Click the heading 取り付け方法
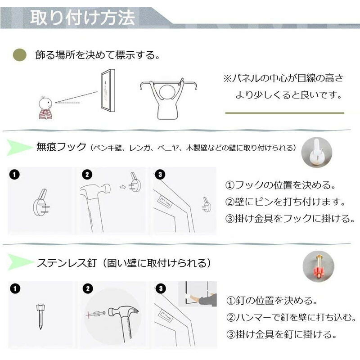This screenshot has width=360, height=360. click(82, 18)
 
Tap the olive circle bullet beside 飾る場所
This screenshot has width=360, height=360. click(20, 55)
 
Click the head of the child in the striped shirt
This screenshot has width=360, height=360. click(45, 103)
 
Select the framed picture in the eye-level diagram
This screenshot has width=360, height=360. click(108, 91)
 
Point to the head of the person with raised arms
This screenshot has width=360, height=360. click(168, 92)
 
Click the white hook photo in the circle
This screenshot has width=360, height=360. click(317, 152)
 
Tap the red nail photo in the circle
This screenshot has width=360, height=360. click(318, 266)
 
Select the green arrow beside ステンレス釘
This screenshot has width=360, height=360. click(20, 262)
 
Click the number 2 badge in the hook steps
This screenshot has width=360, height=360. click(87, 175)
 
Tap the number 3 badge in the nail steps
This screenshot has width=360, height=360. click(161, 288)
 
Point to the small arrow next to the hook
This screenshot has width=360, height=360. click(123, 187)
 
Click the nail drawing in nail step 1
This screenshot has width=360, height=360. click(40, 317)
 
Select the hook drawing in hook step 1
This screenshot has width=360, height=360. click(41, 202)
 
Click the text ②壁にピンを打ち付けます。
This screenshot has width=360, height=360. click(286, 202)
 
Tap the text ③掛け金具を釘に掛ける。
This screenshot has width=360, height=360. click(281, 334)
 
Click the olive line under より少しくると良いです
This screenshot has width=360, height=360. click(285, 113)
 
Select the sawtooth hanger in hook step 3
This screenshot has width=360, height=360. click(165, 201)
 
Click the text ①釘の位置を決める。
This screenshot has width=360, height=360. click(272, 300)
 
